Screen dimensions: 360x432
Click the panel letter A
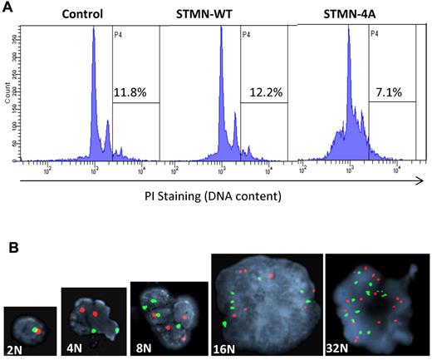click(x=7, y=7)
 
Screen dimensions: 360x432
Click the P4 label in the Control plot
click(x=119, y=34)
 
